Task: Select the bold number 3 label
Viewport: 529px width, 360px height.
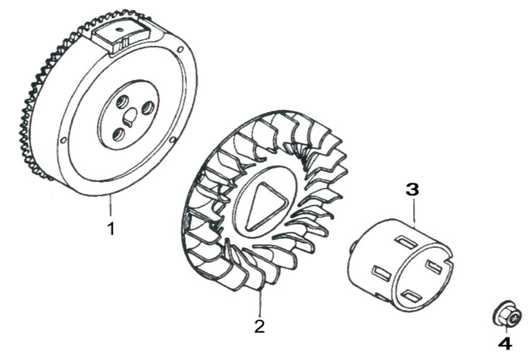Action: [x=412, y=189]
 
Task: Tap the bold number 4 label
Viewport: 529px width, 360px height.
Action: [x=505, y=343]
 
